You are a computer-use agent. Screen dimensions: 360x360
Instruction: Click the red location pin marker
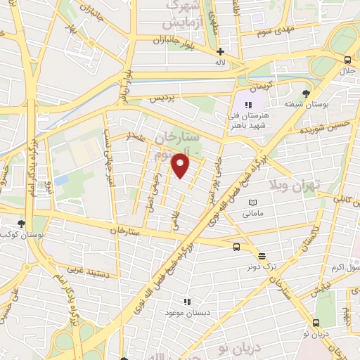pyautogui.click(x=181, y=165)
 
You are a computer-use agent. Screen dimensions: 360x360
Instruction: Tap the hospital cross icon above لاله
pyautogui.click(x=220, y=51)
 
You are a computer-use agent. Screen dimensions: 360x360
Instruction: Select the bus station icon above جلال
pyautogui.click(x=347, y=60)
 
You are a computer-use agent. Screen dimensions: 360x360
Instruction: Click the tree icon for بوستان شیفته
pyautogui.click(x=306, y=93)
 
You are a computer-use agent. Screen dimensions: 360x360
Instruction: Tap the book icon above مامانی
pyautogui.click(x=252, y=202)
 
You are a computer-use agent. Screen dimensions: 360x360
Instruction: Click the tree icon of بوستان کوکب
pyautogui.click(x=20, y=223)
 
